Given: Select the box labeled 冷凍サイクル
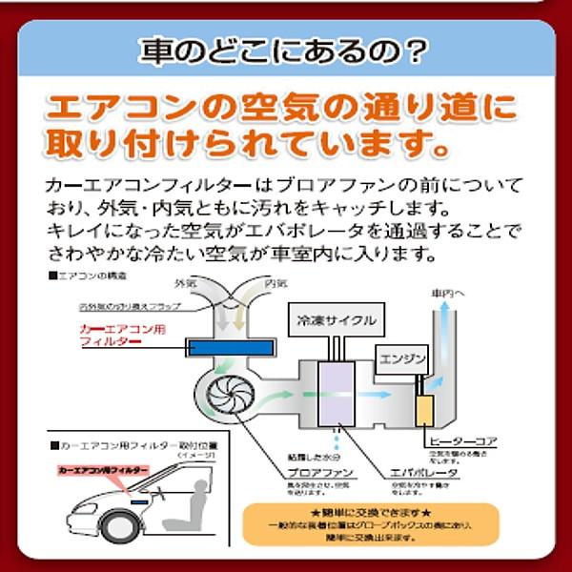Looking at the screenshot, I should pos(337,320).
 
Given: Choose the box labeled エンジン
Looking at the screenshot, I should pos(400,361).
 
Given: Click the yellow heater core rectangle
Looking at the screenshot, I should pos(424,408).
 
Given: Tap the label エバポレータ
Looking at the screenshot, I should pos(423,473).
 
